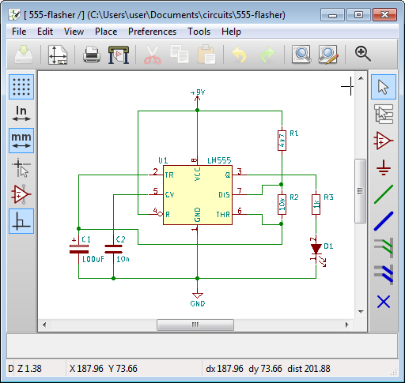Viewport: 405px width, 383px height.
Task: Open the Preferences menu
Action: coord(152,32)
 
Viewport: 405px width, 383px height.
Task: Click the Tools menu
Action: coord(199,32)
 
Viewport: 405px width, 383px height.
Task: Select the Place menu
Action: coord(105,32)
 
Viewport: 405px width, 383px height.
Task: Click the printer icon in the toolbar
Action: coord(92,54)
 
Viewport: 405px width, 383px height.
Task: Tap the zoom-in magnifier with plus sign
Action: coord(363,54)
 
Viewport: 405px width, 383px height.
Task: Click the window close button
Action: coord(384,14)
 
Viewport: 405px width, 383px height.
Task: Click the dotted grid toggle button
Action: coord(21,87)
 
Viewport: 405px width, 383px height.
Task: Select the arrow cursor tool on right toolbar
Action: coord(384,87)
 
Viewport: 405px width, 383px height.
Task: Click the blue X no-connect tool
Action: coord(384,301)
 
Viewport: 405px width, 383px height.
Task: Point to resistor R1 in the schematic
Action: coord(281,141)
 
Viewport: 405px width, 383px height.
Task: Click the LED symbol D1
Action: coord(316,249)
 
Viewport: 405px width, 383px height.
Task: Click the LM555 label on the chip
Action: coord(218,160)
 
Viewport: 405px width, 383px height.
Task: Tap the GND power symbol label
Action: coord(198,302)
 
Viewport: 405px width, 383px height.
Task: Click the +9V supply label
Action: coord(198,92)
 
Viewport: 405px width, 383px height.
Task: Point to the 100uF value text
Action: coord(94,259)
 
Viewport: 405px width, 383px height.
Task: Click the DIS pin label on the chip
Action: coord(224,193)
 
